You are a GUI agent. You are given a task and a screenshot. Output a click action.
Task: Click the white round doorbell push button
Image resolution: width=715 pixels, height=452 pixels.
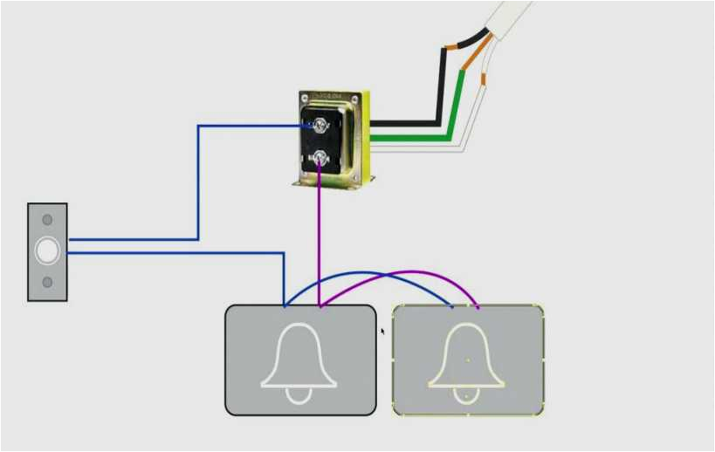(x=47, y=251)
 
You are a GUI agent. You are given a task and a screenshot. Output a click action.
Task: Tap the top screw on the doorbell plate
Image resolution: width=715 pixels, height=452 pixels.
(x=47, y=220)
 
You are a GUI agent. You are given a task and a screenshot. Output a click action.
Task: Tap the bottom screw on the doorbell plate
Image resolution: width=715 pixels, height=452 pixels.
(x=47, y=283)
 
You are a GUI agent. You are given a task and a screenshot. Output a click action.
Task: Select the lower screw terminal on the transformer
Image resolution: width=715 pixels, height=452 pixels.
(x=320, y=158)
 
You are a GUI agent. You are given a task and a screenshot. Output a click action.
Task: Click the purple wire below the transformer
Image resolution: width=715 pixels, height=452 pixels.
(x=320, y=236)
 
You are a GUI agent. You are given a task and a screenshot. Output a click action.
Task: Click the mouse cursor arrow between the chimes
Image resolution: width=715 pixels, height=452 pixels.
(x=382, y=331)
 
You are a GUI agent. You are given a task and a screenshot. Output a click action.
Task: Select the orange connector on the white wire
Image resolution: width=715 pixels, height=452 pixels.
(x=484, y=79)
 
